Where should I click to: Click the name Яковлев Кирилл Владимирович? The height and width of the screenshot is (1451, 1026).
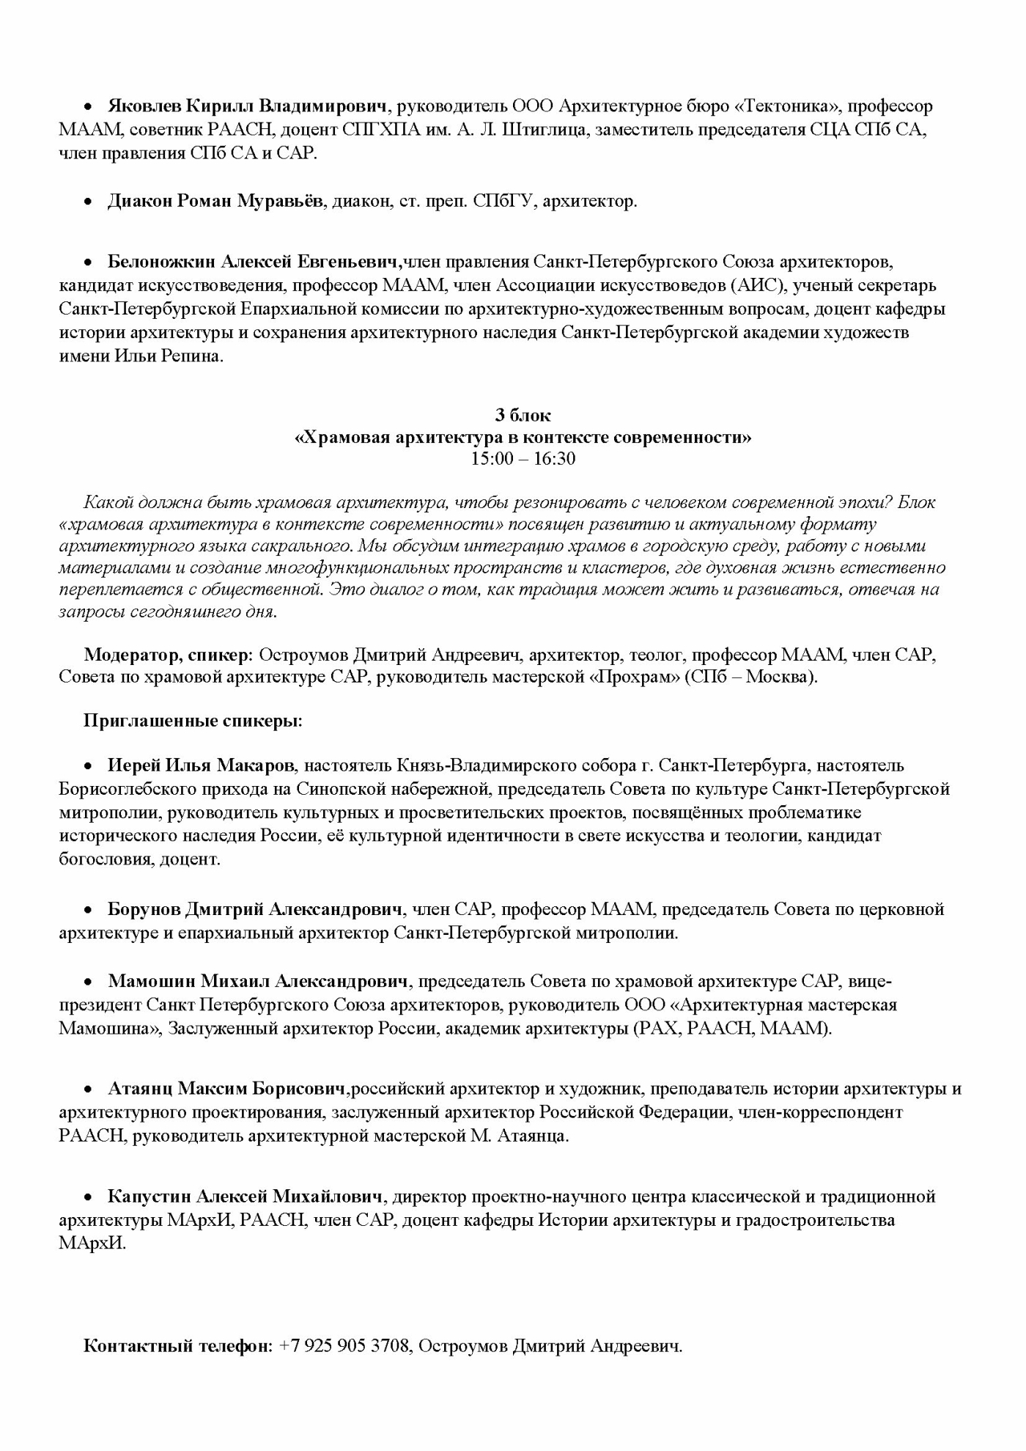(247, 106)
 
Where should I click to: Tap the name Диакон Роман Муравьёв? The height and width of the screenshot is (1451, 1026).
(215, 202)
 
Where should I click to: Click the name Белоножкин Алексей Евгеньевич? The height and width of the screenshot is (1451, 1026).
(254, 262)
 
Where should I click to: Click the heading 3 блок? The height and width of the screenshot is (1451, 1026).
(523, 416)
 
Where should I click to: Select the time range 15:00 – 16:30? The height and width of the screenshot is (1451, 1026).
(523, 460)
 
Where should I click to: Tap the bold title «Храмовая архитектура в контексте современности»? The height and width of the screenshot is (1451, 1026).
(523, 438)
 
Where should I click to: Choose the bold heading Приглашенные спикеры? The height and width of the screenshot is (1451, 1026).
(193, 721)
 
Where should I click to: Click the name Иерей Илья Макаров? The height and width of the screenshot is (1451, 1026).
(202, 765)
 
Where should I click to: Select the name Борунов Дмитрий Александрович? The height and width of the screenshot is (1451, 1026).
(256, 910)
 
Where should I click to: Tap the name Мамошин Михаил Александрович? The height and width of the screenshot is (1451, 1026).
(258, 981)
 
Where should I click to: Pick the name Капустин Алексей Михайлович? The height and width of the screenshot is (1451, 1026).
(246, 1197)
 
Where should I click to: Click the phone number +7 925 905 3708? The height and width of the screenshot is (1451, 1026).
(344, 1346)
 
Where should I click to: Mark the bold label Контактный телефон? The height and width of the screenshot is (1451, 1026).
(178, 1346)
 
